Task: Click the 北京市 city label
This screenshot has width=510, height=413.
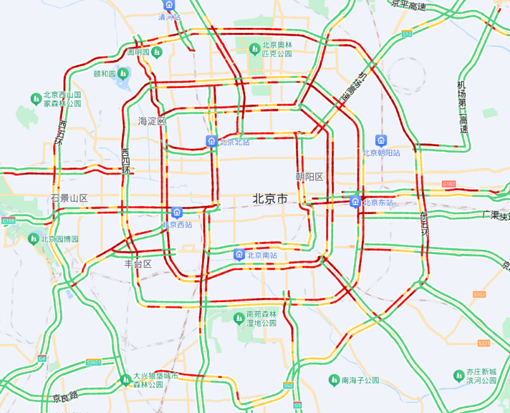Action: coord(270,199)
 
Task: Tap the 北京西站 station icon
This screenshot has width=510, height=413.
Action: coord(177,212)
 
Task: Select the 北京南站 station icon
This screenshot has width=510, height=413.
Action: coord(239,255)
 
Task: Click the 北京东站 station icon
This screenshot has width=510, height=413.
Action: coord(355,202)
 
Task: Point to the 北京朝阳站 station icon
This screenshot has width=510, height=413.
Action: coord(381,141)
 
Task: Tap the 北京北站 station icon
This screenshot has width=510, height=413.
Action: coord(211,142)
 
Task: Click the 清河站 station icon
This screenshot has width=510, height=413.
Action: coord(169,6)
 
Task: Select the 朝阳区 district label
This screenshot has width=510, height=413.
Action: coord(309,177)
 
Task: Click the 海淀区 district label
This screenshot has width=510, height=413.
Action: coord(152,120)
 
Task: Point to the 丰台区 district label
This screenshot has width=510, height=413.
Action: coord(138,264)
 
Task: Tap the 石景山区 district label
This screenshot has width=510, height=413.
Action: coord(70,198)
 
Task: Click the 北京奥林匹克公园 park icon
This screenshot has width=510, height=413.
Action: coord(256,46)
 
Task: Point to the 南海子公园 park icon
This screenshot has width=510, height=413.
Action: coord(334,380)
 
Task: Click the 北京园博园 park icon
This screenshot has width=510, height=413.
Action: coord(34,239)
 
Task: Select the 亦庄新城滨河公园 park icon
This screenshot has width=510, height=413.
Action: coord(458,376)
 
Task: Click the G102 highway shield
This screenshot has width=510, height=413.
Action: coord(449,184)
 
